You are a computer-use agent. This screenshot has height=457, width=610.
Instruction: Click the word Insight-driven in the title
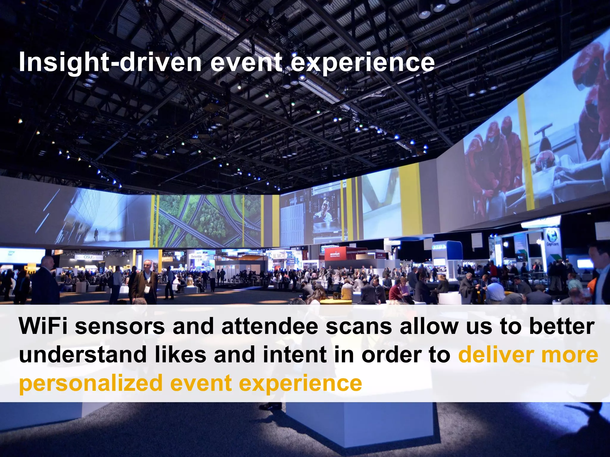110,62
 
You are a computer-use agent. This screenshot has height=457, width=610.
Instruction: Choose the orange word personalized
91,383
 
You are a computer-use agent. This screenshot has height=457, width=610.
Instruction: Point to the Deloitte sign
196,256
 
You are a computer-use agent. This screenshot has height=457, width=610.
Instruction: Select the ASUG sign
89,257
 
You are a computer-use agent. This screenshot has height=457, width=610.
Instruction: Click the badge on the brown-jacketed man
147,287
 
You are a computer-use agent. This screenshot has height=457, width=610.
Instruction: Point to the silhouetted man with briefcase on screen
96,235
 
